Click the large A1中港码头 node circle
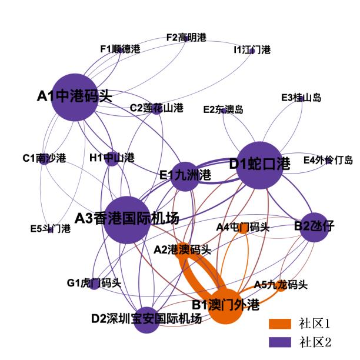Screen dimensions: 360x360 click(x=74, y=97)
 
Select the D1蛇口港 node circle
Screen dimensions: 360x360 click(x=259, y=165)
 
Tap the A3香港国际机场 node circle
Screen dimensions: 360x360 click(x=127, y=220)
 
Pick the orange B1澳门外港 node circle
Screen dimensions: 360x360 click(x=226, y=306)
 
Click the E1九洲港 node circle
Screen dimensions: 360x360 click(x=185, y=176)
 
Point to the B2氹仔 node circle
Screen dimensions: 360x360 click(x=314, y=227)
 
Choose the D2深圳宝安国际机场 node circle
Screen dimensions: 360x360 click(x=146, y=320)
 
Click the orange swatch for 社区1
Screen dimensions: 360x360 click(x=280, y=324)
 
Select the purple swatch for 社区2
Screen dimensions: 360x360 click(x=280, y=342)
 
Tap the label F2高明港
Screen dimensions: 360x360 click(x=186, y=38)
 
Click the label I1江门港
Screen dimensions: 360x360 click(x=252, y=49)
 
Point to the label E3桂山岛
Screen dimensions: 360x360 click(x=301, y=98)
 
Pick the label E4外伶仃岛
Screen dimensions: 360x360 click(x=328, y=160)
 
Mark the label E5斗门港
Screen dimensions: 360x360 click(x=51, y=229)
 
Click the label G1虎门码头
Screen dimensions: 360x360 click(x=94, y=283)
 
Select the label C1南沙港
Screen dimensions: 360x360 click(x=44, y=158)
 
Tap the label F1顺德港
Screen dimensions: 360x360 click(x=120, y=49)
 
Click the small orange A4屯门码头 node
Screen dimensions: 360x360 click(x=243, y=229)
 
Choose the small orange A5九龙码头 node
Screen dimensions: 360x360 click(x=281, y=286)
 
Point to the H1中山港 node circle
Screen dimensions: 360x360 click(x=112, y=159)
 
